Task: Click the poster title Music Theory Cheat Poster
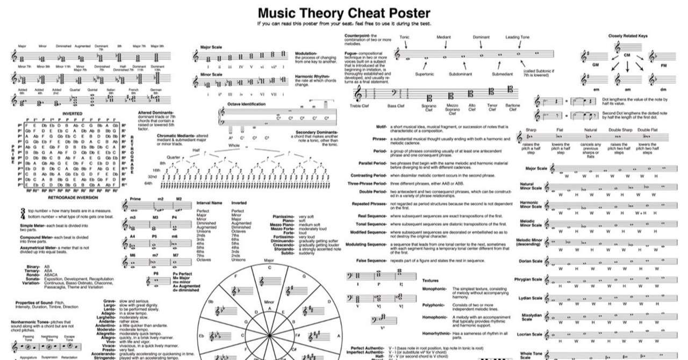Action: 344,12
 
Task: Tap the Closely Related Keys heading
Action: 627,36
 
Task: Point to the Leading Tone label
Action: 518,37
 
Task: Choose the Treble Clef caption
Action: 363,106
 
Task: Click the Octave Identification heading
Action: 246,103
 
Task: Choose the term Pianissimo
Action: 283,216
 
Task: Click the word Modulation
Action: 306,54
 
